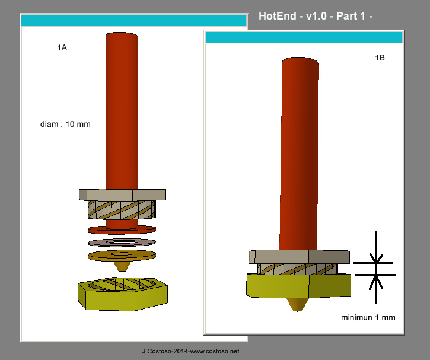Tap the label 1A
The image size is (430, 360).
click(x=62, y=47)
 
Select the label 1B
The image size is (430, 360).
click(x=380, y=58)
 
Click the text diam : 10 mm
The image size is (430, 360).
click(x=65, y=125)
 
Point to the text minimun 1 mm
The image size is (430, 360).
click(x=368, y=317)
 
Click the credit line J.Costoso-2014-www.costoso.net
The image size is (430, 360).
click(x=191, y=352)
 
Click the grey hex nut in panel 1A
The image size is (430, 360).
click(x=122, y=194)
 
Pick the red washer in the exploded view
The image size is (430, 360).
click(x=122, y=230)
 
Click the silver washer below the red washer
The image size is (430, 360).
click(x=122, y=242)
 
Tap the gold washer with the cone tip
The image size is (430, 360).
click(x=122, y=256)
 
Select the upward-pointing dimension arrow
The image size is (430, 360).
click(x=374, y=282)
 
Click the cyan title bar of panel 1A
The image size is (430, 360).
click(x=133, y=21)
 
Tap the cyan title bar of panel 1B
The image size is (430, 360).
click(x=303, y=37)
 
